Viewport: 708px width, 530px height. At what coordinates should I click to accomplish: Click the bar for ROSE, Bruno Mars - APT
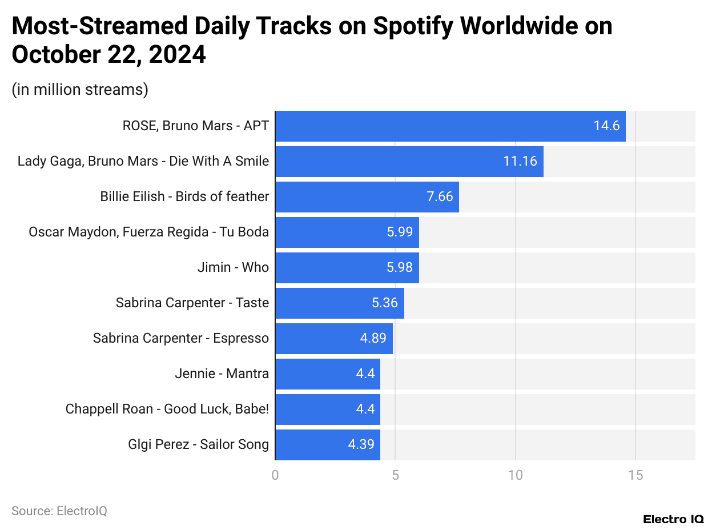point(450,126)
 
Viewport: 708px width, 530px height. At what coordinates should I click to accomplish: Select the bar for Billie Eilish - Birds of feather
point(367,197)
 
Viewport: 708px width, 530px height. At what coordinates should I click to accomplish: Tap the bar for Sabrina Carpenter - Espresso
point(333,339)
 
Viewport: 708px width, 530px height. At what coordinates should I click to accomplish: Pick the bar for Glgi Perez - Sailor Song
point(327,445)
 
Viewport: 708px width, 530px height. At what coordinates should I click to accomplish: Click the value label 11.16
point(520,162)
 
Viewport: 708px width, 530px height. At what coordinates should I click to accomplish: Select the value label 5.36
point(384,303)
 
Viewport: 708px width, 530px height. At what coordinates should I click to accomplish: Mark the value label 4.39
point(361,445)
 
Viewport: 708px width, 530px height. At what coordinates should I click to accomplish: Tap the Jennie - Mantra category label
point(222,374)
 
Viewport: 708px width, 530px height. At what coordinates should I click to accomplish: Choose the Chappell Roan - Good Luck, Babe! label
point(167,409)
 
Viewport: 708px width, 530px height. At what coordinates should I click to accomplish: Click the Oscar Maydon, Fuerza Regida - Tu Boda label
point(148,232)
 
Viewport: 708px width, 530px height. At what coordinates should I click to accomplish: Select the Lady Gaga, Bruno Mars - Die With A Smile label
point(143,162)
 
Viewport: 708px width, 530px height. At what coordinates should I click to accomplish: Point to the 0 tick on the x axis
point(275,476)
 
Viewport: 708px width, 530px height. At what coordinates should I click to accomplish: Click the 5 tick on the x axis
point(395,476)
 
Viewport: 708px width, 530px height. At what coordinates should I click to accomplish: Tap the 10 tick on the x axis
point(516,476)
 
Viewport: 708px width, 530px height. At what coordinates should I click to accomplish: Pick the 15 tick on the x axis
point(635,476)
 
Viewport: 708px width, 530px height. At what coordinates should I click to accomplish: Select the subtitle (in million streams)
point(80,90)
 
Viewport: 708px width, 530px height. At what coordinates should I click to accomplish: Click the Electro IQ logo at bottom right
point(673,519)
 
